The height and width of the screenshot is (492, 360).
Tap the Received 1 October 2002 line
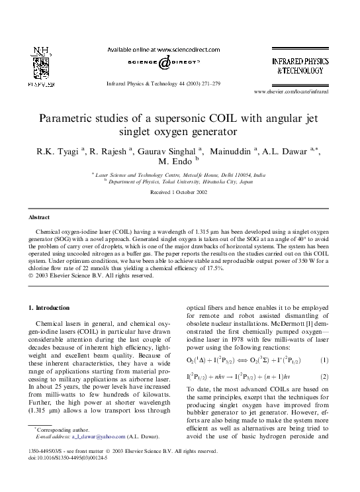180,191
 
